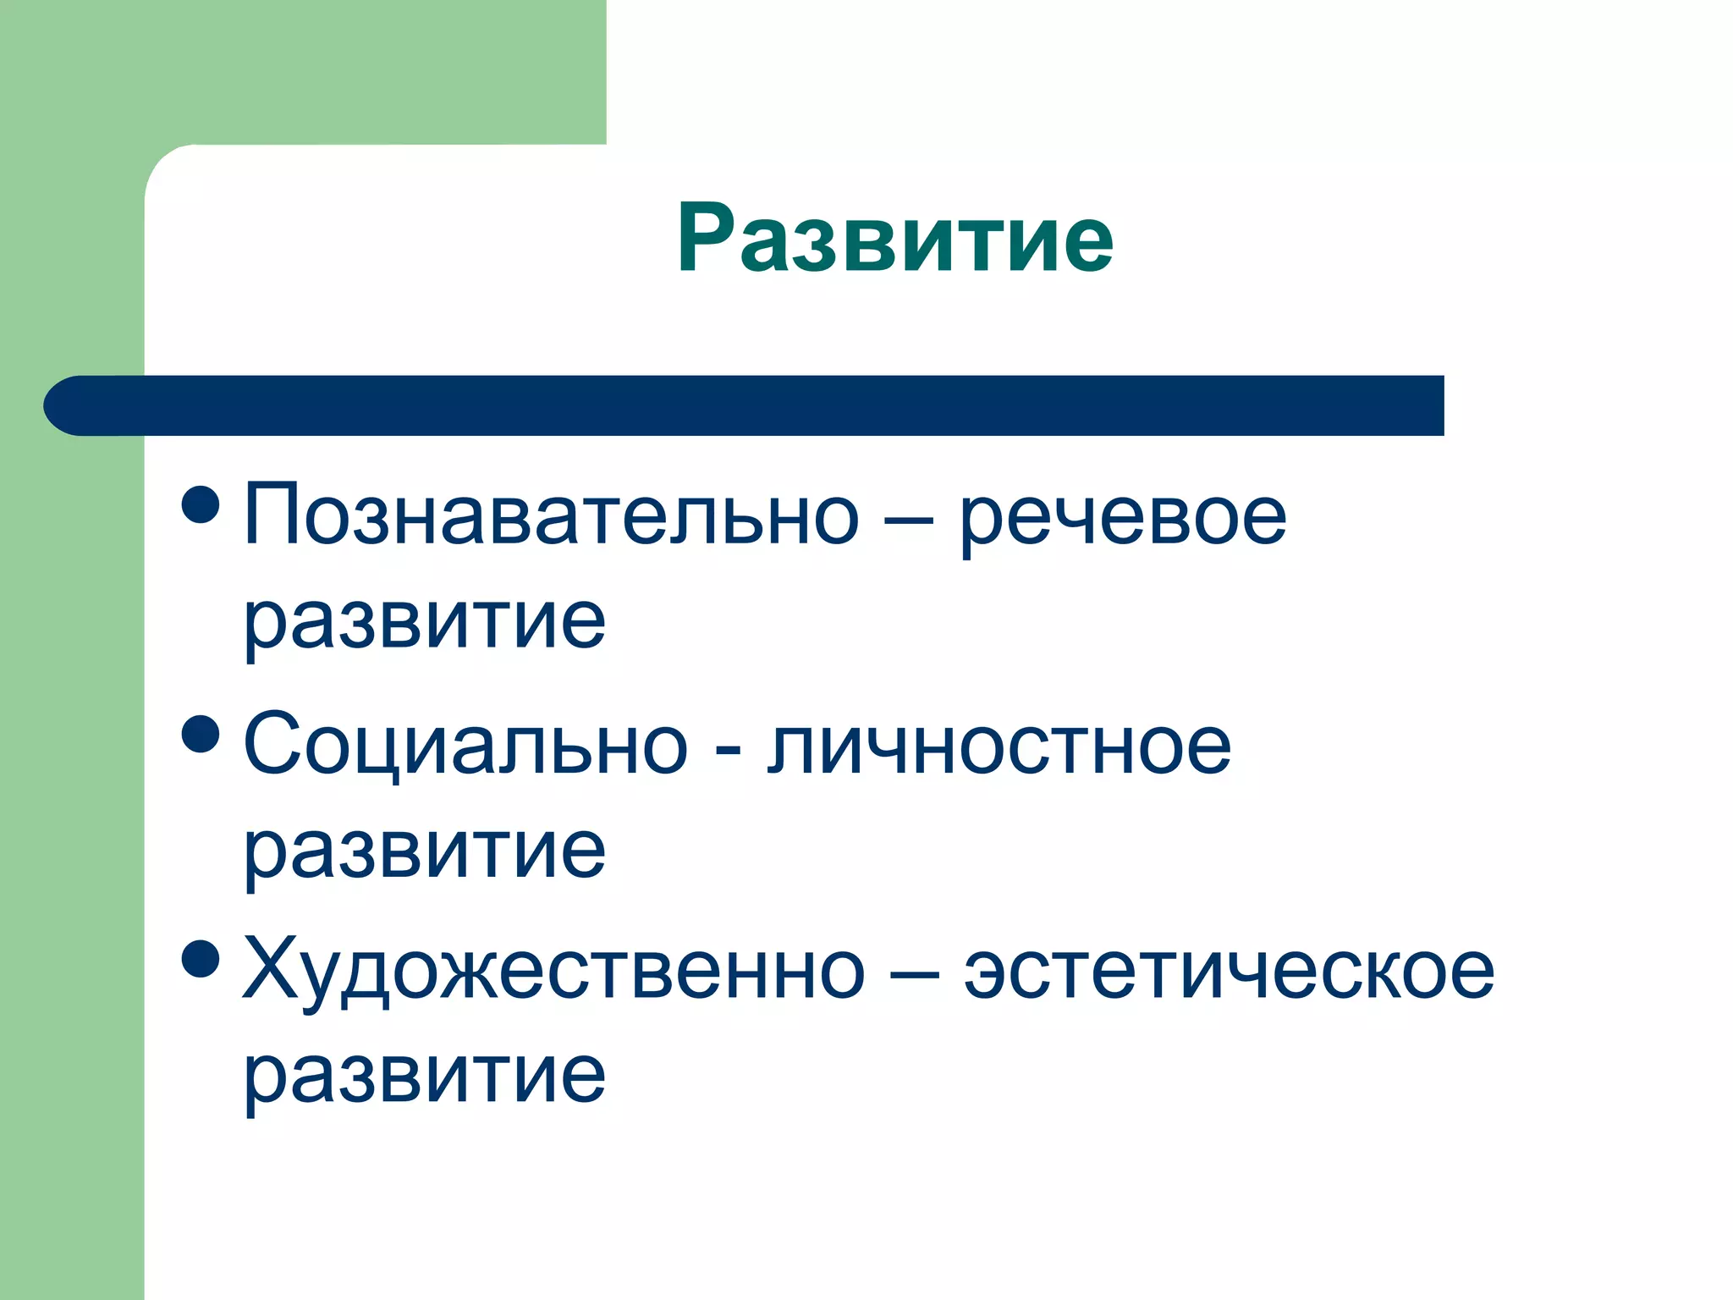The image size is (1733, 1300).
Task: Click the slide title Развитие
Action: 894,239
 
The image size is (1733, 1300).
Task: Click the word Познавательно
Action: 551,515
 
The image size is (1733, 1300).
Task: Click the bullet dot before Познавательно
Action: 201,504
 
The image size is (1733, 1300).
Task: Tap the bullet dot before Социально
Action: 201,733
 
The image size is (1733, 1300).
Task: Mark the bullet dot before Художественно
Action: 201,959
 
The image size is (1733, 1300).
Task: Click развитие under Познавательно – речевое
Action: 425,623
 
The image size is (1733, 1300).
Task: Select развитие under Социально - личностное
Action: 425,851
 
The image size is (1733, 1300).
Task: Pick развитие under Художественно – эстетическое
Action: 425,1077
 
